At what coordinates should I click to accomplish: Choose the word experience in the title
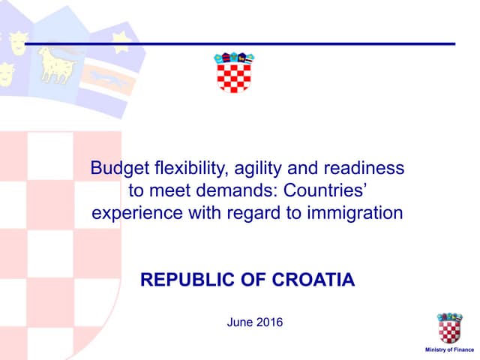point(130,213)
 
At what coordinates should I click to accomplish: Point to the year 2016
point(270,322)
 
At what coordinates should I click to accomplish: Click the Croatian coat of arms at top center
point(233,72)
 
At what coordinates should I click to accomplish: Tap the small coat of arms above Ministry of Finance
point(450,328)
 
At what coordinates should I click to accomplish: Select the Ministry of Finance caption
point(450,350)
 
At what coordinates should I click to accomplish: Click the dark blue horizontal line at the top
point(240,43)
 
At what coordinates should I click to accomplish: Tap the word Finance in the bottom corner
point(463,350)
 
